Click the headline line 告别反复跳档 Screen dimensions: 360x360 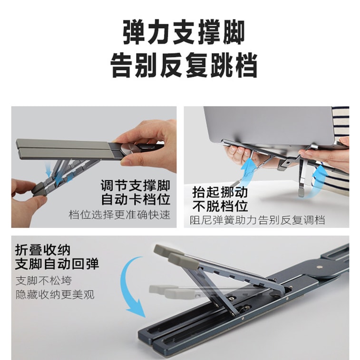click(183, 65)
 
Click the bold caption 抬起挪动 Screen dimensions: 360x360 click(220, 192)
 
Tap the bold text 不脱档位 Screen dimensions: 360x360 click(220, 206)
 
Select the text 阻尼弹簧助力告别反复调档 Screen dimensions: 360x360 click(257, 220)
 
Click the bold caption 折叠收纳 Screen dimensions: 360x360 click(43, 250)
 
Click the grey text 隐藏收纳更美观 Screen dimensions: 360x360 click(55, 294)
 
